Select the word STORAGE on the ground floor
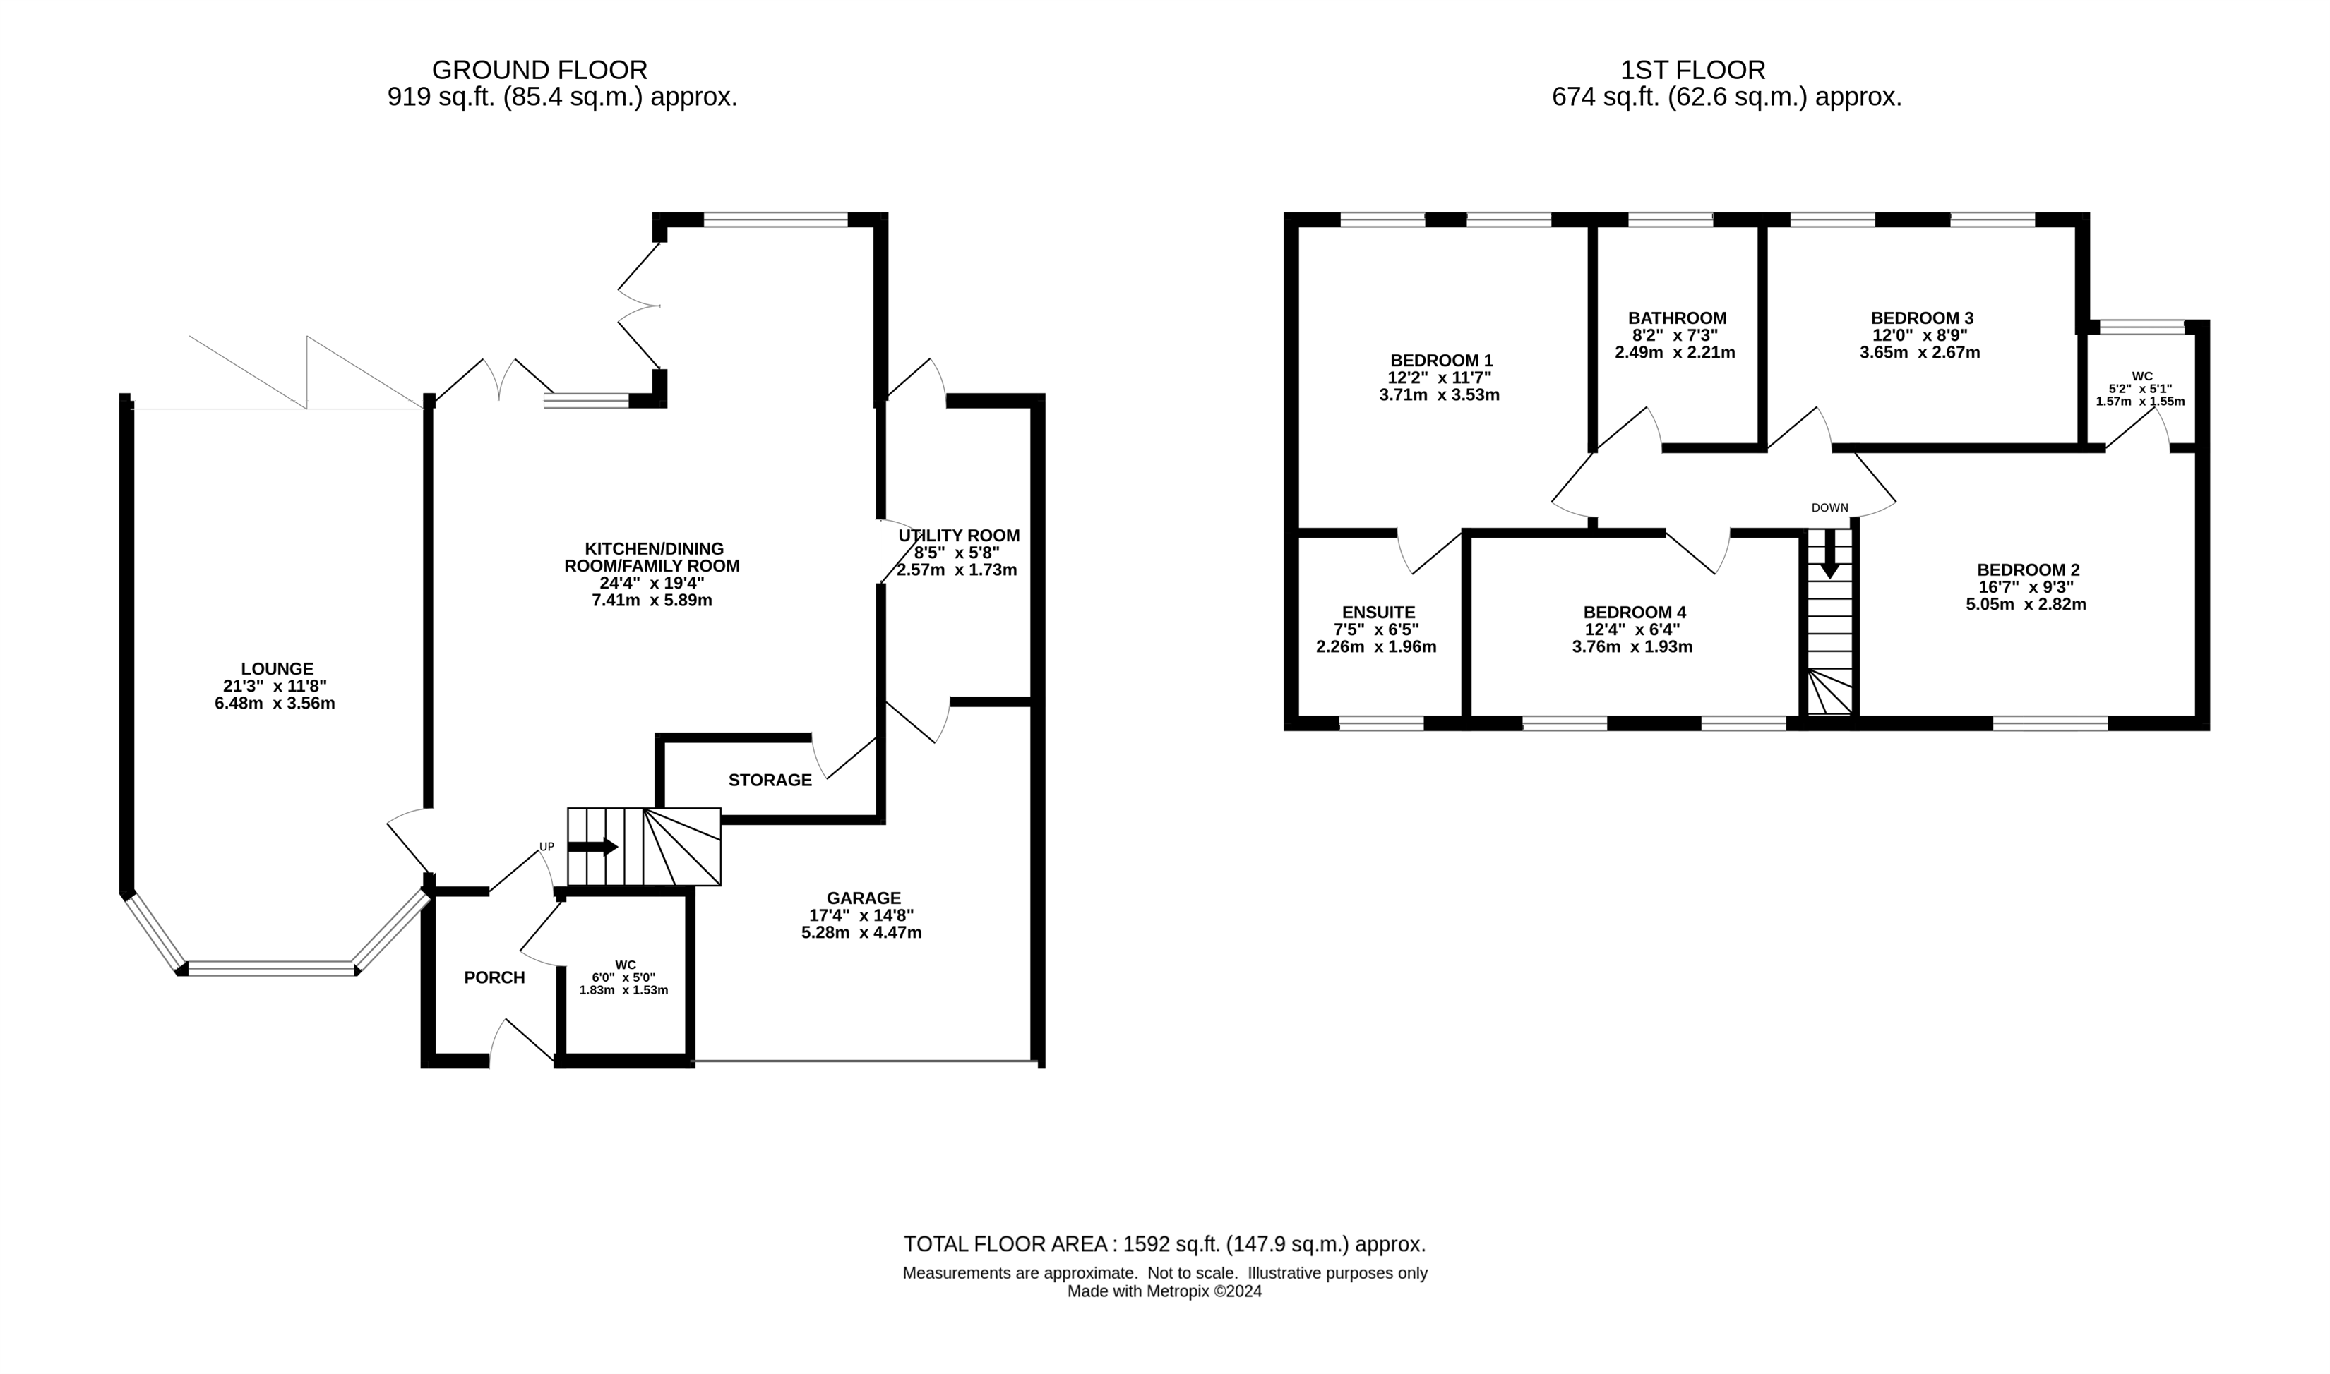[x=770, y=781]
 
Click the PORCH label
[x=494, y=977]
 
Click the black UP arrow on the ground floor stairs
[x=592, y=846]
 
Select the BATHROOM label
[x=1677, y=318]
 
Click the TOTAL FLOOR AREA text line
[x=1165, y=1244]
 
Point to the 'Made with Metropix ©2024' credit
[x=1165, y=1291]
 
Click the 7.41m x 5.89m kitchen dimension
[x=652, y=601]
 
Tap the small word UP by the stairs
[x=547, y=847]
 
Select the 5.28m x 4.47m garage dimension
[x=861, y=933]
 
